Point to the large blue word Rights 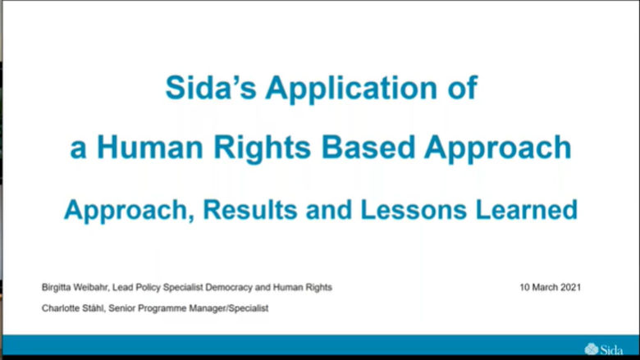[x=258, y=148]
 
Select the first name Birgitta [x=57, y=288]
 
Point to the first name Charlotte [x=59, y=308]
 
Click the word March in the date [x=544, y=288]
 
